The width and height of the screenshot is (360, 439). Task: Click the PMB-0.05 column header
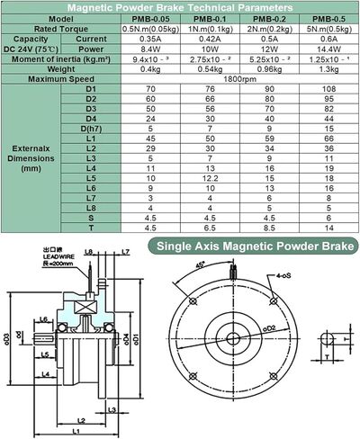tap(153, 17)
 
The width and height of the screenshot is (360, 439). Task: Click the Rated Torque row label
tap(58, 28)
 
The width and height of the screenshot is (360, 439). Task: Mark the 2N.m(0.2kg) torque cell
tap(266, 28)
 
